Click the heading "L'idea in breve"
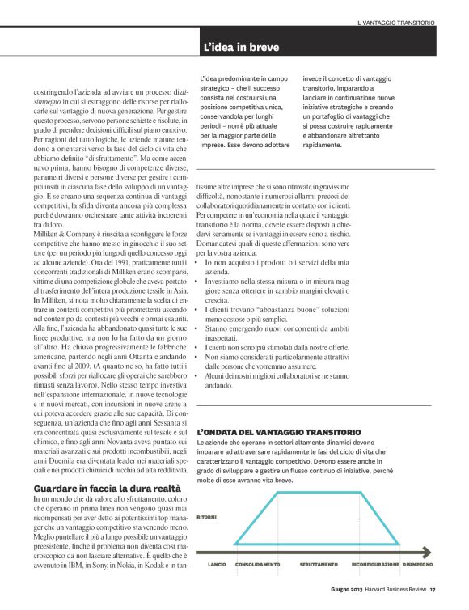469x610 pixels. click(241, 48)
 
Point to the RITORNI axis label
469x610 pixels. click(209, 515)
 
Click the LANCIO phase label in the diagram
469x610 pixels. click(216, 564)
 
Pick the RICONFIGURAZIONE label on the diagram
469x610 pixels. click(374, 564)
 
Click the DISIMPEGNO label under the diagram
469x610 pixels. click(417, 564)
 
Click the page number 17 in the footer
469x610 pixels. click(433, 599)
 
